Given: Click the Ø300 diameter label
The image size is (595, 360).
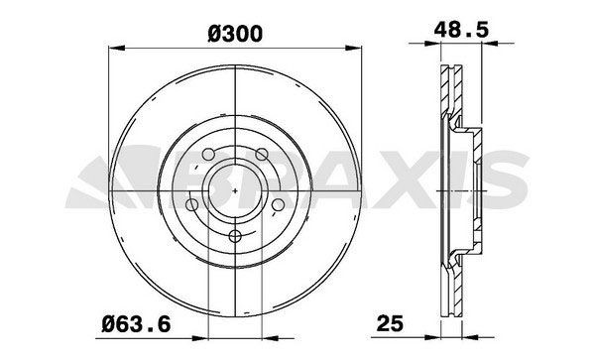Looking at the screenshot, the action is pos(235,34).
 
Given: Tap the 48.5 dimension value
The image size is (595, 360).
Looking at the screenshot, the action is pos(461,30).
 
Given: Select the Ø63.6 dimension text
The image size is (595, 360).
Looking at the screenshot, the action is pos(136,324).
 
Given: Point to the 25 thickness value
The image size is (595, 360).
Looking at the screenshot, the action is pos(390,323).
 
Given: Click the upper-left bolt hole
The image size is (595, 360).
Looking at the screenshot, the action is pos(208,155).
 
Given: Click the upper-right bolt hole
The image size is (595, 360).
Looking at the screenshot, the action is pos(262,155).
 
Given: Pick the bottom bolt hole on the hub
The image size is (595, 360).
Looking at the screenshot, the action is pos(235,237).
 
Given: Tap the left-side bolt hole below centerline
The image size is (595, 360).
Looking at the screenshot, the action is pos(192,205).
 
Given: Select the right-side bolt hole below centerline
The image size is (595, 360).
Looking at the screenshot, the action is pos(278,205).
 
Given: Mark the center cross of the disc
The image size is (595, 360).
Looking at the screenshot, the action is pos(235,190).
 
